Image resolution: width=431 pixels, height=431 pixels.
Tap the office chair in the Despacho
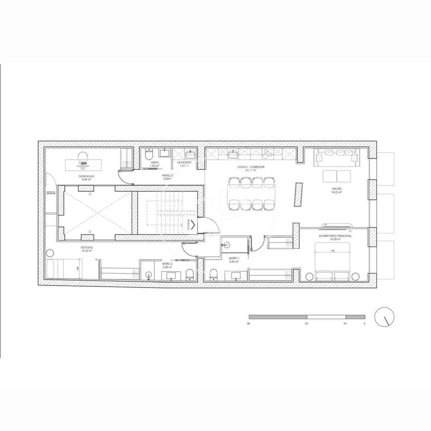coord(83,157)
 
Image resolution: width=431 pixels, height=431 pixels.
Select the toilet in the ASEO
coord(149,156)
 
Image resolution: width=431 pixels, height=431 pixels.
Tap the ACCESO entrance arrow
coord(193,225)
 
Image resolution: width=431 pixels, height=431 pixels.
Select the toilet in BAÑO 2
coord(190,275)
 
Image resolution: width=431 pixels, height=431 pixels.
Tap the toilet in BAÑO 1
coord(213,275)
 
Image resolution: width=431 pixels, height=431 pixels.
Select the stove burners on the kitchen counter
coord(267,154)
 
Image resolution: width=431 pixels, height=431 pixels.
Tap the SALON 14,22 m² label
coord(337,190)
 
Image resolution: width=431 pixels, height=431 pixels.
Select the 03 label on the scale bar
coord(306,324)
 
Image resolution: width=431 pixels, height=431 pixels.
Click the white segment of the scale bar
coord(326,317)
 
